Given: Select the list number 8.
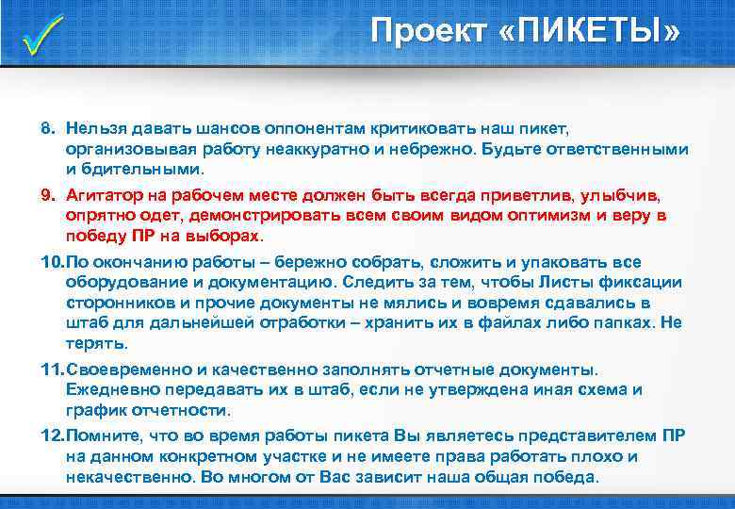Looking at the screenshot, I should (x=46, y=126).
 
